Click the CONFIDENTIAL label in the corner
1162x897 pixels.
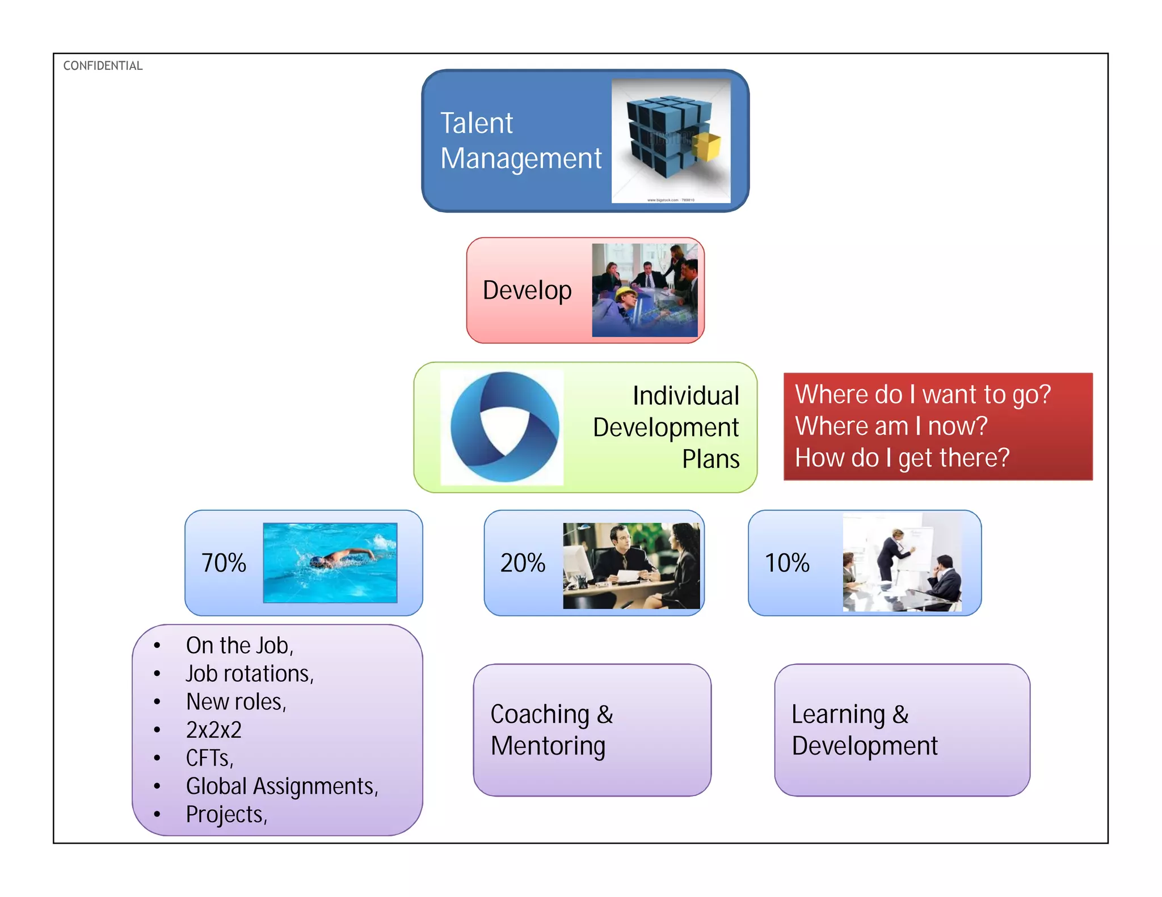click(103, 66)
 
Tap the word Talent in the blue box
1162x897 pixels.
click(476, 123)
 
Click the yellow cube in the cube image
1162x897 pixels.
click(707, 147)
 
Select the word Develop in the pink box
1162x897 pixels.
click(527, 290)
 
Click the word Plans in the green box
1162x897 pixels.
click(710, 459)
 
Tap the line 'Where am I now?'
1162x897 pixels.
click(891, 426)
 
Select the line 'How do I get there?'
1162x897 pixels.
click(902, 458)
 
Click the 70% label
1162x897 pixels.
click(224, 563)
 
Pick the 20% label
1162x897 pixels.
click(523, 563)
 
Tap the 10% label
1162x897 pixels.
click(787, 563)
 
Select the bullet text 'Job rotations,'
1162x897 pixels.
click(250, 674)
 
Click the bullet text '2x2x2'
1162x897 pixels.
click(214, 730)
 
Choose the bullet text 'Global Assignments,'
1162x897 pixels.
click(282, 786)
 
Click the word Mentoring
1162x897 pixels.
click(548, 746)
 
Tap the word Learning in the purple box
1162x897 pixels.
click(838, 714)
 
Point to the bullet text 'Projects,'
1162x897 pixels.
click(226, 814)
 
